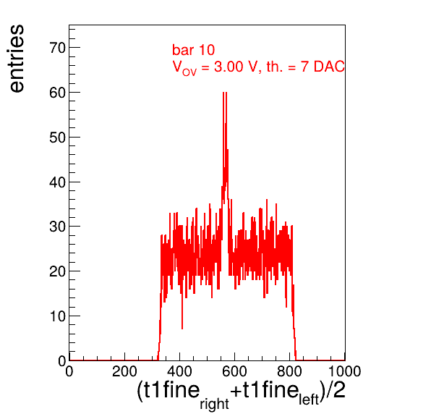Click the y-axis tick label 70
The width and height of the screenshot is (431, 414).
tap(57, 48)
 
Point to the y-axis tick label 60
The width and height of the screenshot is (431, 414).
tap(57, 93)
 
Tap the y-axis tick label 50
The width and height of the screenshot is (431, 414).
tap(57, 138)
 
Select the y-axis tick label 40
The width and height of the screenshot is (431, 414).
tap(57, 182)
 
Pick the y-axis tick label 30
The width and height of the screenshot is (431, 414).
tap(57, 227)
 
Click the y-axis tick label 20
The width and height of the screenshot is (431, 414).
tap(57, 272)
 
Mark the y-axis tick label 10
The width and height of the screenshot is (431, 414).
tap(57, 316)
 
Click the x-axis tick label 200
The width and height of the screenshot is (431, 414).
tap(124, 371)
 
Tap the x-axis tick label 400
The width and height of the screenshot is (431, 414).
tap(179, 371)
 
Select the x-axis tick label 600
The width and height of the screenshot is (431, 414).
tap(234, 371)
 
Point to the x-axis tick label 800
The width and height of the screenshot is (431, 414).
tap(289, 371)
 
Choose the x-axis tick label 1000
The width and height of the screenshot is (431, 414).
tap(344, 371)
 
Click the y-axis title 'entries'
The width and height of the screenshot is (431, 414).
tap(17, 59)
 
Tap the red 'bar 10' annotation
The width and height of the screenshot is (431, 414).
tap(193, 50)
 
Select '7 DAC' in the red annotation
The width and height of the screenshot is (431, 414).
tap(323, 67)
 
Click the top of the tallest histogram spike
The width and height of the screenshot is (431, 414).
tap(225, 93)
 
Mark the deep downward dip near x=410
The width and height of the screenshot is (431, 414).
tap(182, 327)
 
